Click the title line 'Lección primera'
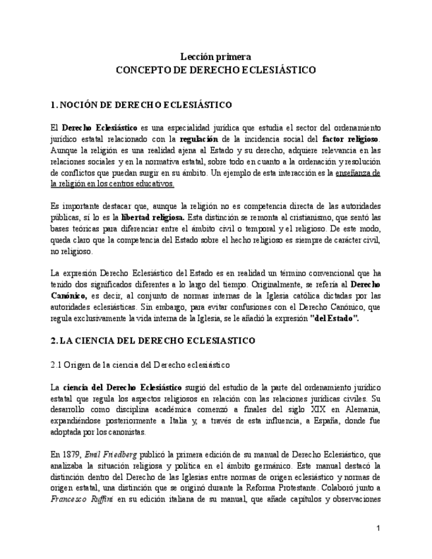pyautogui.click(x=216, y=57)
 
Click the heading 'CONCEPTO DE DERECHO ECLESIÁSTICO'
pyautogui.click(x=216, y=69)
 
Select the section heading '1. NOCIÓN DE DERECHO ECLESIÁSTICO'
pyautogui.click(x=141, y=104)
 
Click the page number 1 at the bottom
pyautogui.click(x=378, y=528)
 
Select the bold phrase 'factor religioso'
pyautogui.click(x=351, y=139)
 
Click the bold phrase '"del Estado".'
pyautogui.click(x=334, y=318)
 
